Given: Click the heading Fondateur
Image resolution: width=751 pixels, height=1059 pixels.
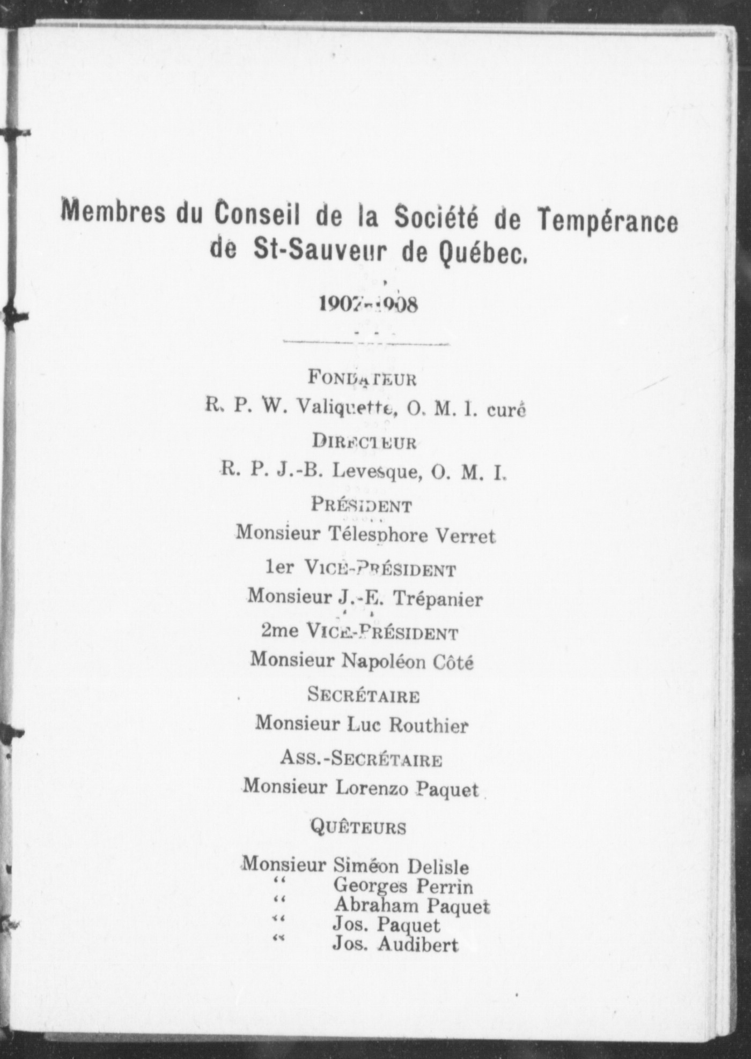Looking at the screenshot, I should click(362, 378).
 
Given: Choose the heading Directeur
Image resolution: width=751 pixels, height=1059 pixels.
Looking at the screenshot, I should click(364, 442).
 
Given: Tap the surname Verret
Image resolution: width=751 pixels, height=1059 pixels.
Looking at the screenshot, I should click(465, 535).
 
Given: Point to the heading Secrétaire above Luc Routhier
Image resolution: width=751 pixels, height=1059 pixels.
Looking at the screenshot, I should click(363, 695).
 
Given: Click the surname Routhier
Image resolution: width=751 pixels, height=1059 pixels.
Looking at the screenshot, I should click(428, 725).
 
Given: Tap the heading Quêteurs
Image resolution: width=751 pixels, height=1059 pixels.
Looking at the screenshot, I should click(358, 827).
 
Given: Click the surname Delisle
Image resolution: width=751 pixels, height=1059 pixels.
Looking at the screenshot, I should click(438, 867).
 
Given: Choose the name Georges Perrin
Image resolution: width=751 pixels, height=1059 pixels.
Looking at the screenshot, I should click(403, 886).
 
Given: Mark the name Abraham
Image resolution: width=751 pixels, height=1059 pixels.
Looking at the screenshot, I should click(369, 906).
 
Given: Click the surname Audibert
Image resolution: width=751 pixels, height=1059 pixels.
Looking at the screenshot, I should click(418, 945).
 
